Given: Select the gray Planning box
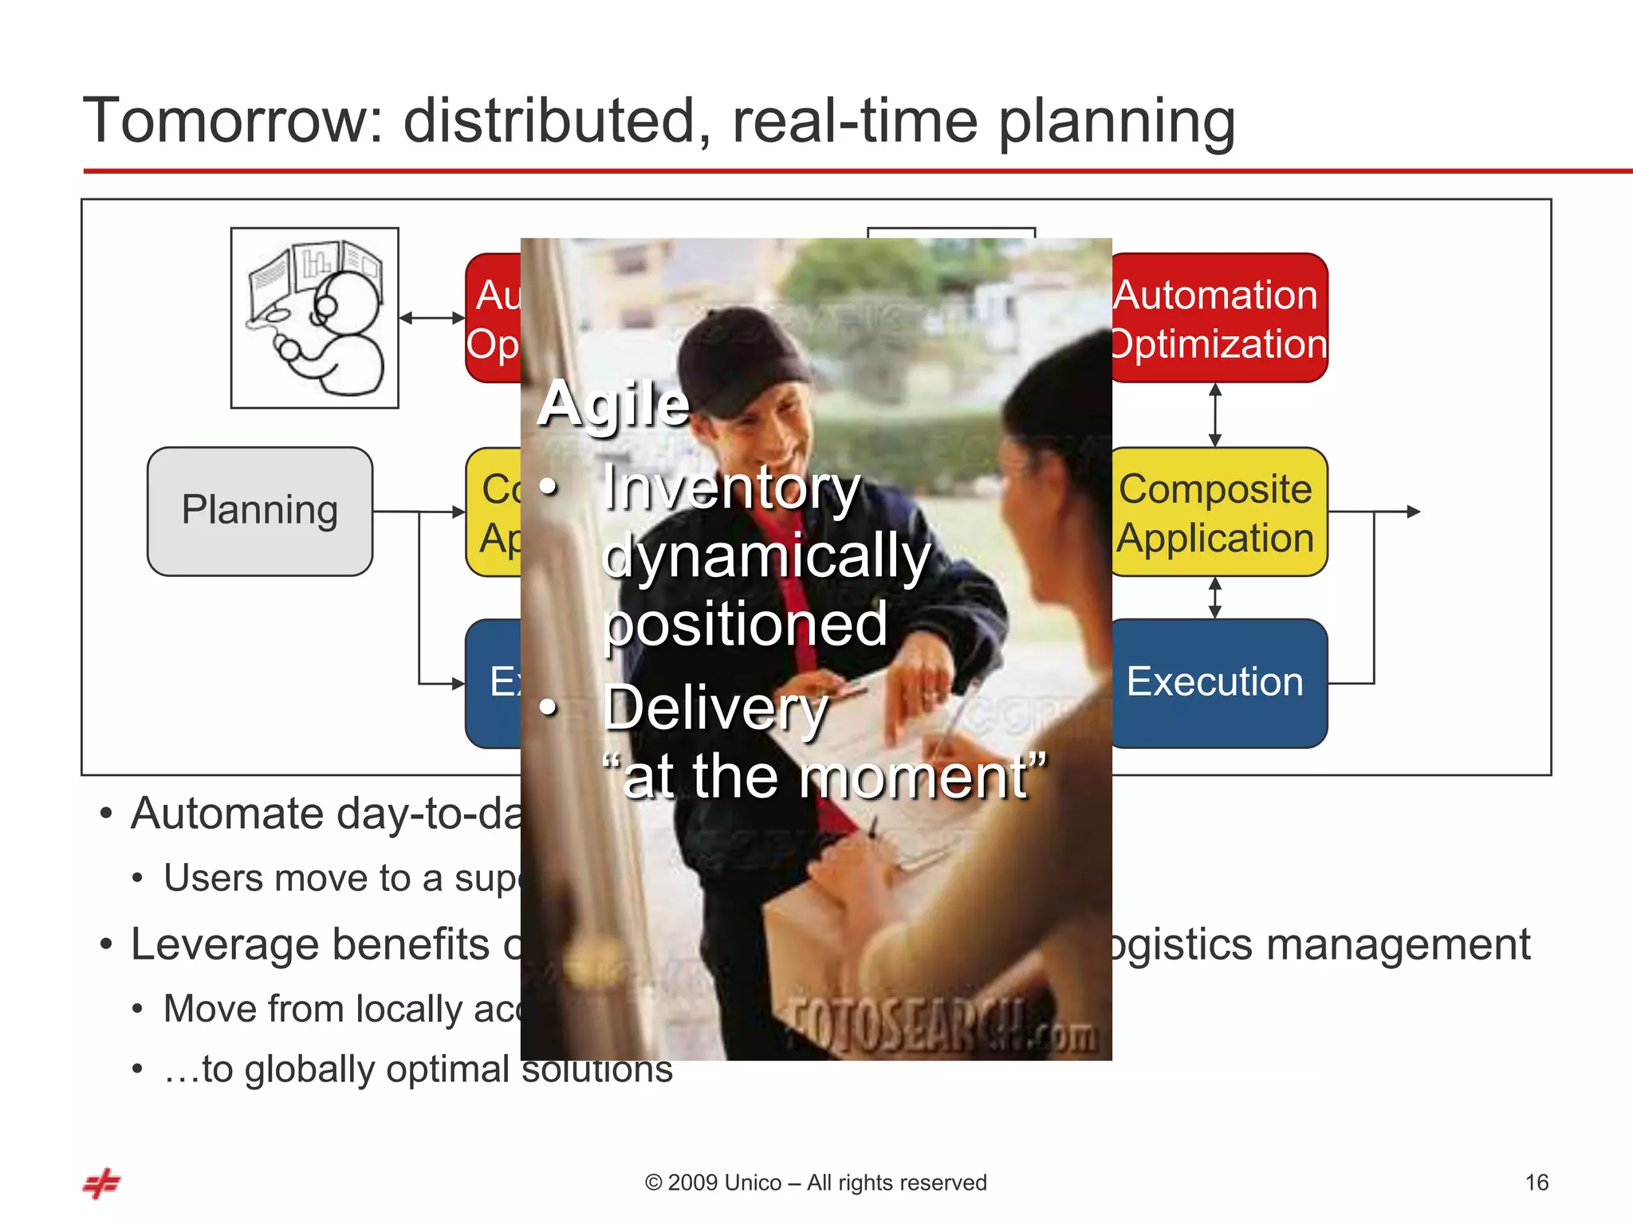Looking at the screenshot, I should point(260,511).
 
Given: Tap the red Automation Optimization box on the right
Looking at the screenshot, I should point(1218,318).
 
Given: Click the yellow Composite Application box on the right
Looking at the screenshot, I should point(1218,512).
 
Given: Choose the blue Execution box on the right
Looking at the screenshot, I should point(1218,683).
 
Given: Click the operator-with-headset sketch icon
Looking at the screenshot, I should point(315,318).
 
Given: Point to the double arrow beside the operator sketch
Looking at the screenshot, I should point(431,318).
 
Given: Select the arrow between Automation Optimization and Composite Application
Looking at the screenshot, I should point(1215,414).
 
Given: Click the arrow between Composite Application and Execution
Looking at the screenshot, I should point(1215,598).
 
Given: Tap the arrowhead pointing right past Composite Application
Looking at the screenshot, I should point(1413,512).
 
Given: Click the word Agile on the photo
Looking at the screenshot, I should point(613,404).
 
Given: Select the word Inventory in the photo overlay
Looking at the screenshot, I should point(731,487).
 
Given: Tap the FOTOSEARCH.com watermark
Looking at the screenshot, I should point(942,1026).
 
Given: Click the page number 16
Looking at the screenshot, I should point(1537,1183).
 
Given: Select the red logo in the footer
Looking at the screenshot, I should point(102,1183).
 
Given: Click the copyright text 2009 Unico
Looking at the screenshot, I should point(815,1183).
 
